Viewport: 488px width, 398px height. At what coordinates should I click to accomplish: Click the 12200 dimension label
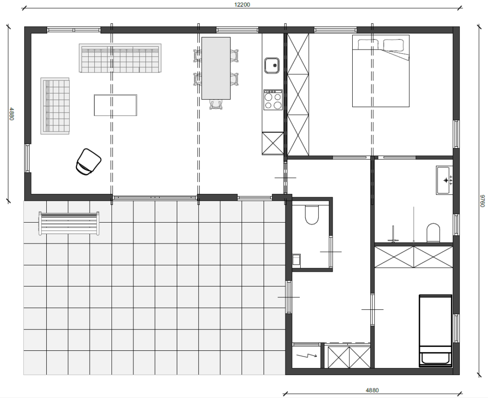[x=242, y=5]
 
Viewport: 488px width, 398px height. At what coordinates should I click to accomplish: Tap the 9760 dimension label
[x=482, y=201]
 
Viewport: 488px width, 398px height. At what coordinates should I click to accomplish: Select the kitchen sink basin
[x=272, y=66]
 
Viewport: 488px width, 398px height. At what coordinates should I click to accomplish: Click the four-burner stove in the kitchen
[x=273, y=100]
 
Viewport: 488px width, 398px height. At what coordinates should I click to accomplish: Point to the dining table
[x=216, y=68]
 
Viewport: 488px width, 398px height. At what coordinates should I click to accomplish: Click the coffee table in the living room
[x=115, y=105]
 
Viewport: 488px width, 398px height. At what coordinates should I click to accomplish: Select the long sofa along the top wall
[x=120, y=58]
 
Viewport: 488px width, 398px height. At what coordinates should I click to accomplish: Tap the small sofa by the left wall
[x=55, y=106]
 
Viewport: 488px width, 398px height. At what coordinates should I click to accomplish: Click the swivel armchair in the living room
[x=88, y=162]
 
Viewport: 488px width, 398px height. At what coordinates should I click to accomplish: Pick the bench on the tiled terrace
[x=69, y=224]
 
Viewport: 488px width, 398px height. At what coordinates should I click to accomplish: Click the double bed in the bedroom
[x=381, y=71]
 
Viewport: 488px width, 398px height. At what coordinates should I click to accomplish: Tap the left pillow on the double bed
[x=368, y=44]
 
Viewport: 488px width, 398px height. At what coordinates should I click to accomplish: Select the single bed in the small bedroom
[x=436, y=330]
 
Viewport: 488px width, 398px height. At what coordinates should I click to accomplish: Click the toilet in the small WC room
[x=312, y=214]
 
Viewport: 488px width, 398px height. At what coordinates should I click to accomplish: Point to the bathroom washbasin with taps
[x=444, y=180]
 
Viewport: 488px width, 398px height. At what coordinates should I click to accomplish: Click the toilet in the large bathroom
[x=433, y=233]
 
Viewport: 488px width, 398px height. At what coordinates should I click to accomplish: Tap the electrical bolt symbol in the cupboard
[x=306, y=355]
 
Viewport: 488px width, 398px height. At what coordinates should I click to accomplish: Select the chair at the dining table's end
[x=216, y=104]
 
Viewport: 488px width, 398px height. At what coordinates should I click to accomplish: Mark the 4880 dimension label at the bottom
[x=372, y=390]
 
